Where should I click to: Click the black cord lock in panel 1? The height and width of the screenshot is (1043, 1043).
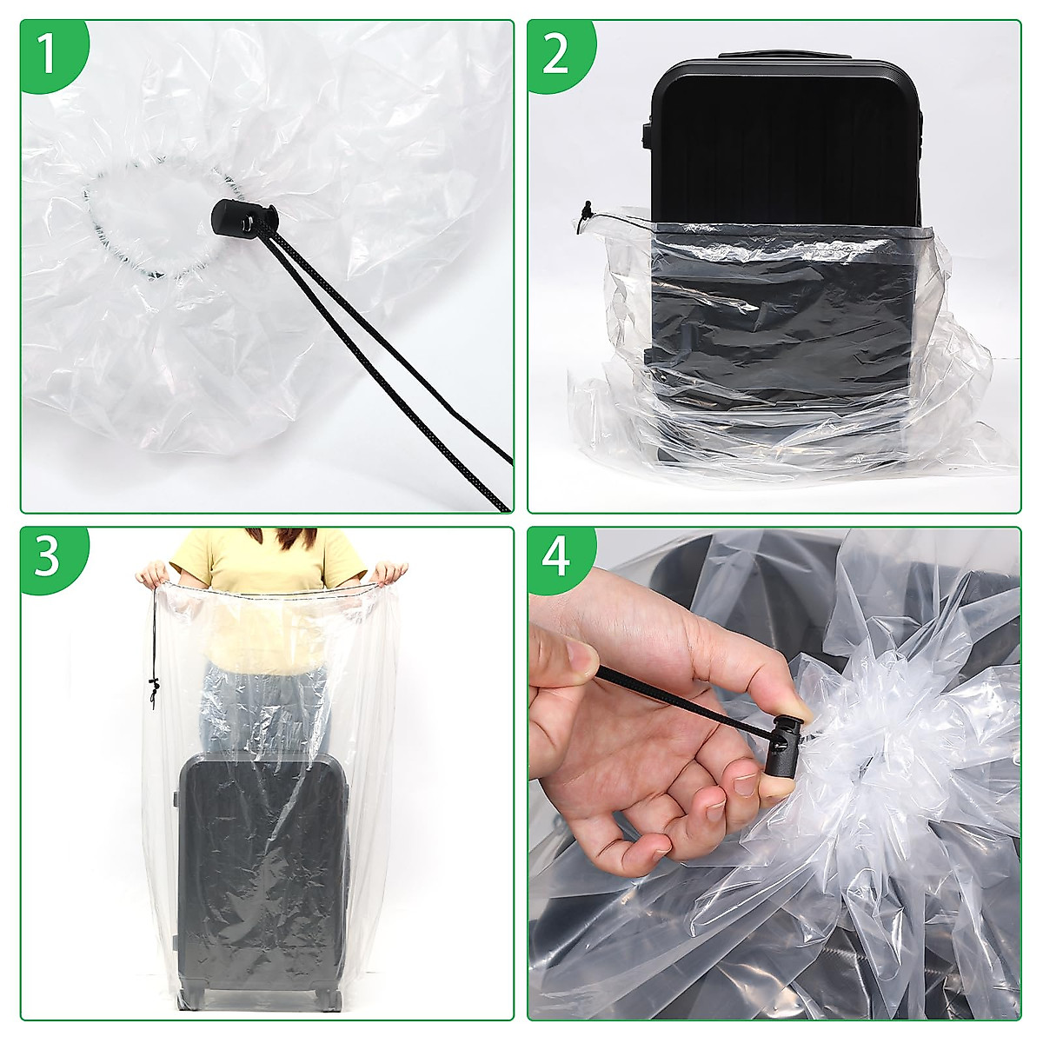coord(242,217)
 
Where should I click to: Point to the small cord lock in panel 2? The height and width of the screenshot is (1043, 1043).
coord(587,210)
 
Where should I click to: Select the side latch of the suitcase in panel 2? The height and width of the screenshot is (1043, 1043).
coord(646,130)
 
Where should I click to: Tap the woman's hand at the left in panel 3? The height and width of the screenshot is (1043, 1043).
coord(152,574)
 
